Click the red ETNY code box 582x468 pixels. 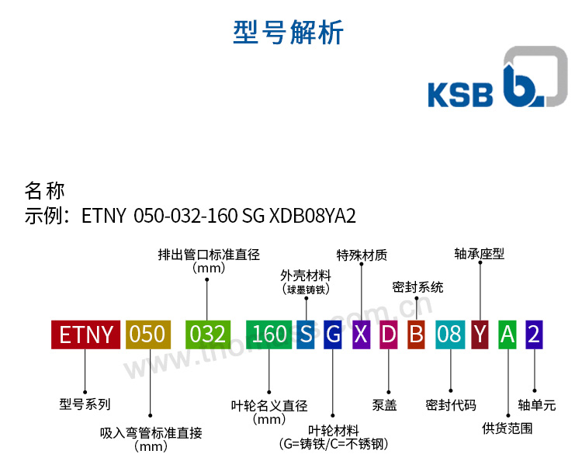tap(85, 334)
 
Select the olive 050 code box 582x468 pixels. tap(147, 334)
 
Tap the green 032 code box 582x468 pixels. tap(207, 334)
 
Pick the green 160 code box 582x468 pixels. tap(268, 334)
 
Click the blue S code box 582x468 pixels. tap(306, 334)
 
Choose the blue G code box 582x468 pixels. tap(333, 334)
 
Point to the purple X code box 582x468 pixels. tap(361, 334)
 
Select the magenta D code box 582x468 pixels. tap(389, 334)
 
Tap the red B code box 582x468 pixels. tap(417, 334)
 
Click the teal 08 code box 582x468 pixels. tap(449, 334)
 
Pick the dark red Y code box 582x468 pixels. tap(480, 334)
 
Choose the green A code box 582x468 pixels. tap(508, 334)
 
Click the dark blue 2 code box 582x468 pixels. tap(534, 334)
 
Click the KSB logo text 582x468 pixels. tap(460, 94)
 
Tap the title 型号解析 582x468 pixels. tap(289, 33)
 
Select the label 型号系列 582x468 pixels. tap(85, 404)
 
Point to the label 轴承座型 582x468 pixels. tap(480, 254)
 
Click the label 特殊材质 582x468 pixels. tap(362, 255)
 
